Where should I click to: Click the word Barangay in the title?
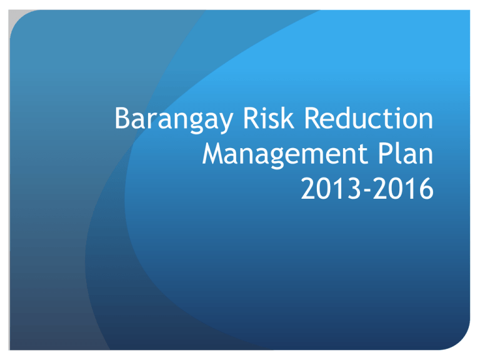coord(174,120)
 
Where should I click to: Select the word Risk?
coord(269,117)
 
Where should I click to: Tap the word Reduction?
coord(368,117)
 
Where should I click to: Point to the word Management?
coord(285,154)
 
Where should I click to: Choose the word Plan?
coord(405,152)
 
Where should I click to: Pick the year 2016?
coord(403,189)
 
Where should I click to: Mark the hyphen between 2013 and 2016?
coord(367,191)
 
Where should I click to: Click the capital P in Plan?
coord(385,153)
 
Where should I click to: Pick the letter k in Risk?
coord(288,117)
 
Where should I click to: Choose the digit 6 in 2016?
coord(427,189)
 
